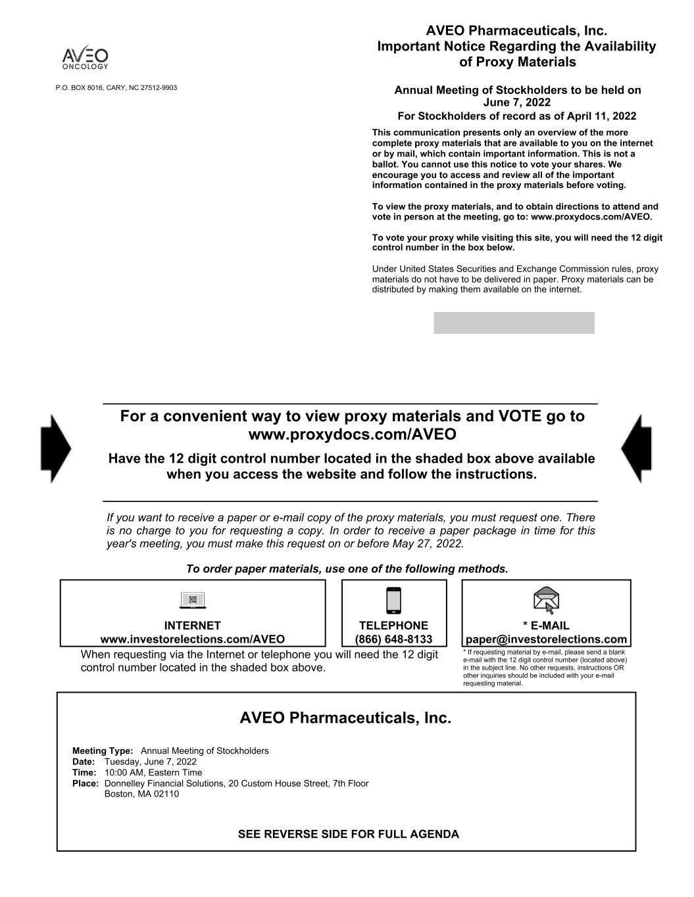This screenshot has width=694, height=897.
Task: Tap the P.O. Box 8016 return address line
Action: tap(116, 87)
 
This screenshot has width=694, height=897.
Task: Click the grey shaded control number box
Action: tap(514, 323)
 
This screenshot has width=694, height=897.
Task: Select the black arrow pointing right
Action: tap(56, 448)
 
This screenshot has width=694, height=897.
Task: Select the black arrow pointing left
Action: tap(636, 448)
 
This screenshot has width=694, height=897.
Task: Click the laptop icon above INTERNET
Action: tap(193, 600)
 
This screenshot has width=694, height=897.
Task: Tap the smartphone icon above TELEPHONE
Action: tap(393, 600)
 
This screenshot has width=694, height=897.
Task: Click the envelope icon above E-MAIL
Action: tap(546, 600)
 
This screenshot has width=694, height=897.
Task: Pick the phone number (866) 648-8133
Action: tap(393, 639)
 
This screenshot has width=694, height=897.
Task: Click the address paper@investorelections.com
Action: tap(546, 639)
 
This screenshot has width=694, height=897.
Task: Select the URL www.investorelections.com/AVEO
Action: tap(193, 639)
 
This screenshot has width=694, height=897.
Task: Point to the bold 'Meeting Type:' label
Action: tap(103, 751)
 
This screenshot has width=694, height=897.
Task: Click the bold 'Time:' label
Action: tap(84, 772)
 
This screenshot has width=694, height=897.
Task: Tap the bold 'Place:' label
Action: tap(86, 783)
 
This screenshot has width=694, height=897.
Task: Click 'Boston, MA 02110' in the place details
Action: tap(141, 794)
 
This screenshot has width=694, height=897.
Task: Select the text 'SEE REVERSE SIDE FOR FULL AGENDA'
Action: tap(348, 834)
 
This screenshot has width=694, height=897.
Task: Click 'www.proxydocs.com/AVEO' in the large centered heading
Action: tap(353, 434)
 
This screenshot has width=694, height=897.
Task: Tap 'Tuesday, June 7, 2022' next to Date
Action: tap(151, 762)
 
